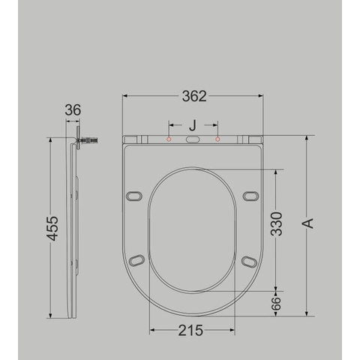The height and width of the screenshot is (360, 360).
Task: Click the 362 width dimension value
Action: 194,96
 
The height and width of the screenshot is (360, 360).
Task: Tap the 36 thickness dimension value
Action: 73,110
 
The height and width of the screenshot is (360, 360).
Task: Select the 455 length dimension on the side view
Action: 53,228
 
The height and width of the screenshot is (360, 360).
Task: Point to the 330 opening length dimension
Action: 277,224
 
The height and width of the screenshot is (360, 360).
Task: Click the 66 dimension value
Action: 276,304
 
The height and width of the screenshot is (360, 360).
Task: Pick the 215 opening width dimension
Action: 190,331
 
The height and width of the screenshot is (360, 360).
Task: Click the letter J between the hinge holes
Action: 192,125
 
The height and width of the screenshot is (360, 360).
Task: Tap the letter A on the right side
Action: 309,223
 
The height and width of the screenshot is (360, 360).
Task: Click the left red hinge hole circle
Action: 169,139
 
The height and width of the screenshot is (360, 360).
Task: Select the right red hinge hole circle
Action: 217,139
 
